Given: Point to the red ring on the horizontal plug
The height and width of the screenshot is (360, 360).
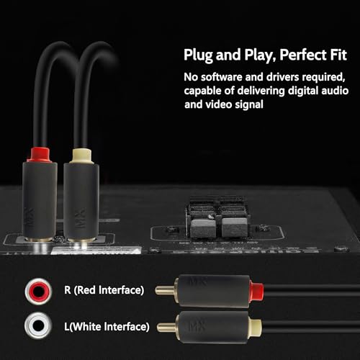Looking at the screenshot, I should click(256, 291).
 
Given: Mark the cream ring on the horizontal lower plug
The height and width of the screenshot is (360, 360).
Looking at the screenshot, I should click(256, 328).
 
